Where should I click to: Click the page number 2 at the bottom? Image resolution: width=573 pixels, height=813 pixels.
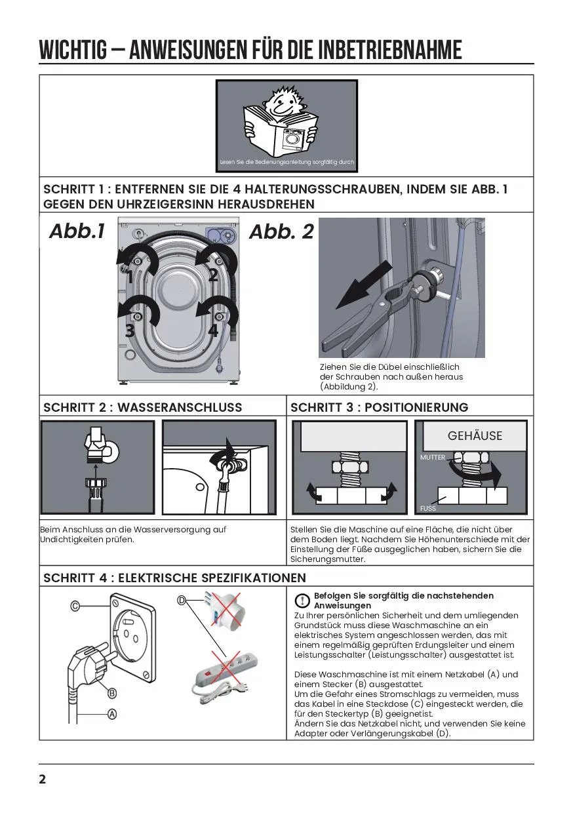coord(43,780)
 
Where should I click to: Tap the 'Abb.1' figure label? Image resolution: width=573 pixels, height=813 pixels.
coord(77,231)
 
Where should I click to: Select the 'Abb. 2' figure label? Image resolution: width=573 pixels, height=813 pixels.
coord(282,231)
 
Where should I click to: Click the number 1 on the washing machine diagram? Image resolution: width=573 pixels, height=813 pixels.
coord(130,277)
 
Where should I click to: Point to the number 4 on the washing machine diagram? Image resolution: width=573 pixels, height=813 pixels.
coord(213,330)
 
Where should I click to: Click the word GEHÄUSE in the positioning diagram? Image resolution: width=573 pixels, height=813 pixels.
coord(475,435)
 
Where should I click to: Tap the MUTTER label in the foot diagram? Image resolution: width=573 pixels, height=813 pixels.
coord(433,458)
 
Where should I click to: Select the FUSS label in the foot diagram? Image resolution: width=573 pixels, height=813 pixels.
coord(428,509)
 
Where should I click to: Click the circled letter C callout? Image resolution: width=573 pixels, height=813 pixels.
coord(75,606)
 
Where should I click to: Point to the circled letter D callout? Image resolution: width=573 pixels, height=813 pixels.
coord(182,601)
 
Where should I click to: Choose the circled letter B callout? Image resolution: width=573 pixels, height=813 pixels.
coord(112,693)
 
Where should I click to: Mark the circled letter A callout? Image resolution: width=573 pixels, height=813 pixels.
coord(112,714)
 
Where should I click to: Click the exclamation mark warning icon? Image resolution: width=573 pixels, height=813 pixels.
coord(302,601)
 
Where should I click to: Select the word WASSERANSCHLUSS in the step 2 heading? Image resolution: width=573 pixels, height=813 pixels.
coord(180,407)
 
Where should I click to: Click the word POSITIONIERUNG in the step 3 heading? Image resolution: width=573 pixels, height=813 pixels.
coord(416,407)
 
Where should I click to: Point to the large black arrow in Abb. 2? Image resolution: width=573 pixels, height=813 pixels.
coord(364,285)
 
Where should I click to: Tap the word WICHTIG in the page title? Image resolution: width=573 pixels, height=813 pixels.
coord(73,50)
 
